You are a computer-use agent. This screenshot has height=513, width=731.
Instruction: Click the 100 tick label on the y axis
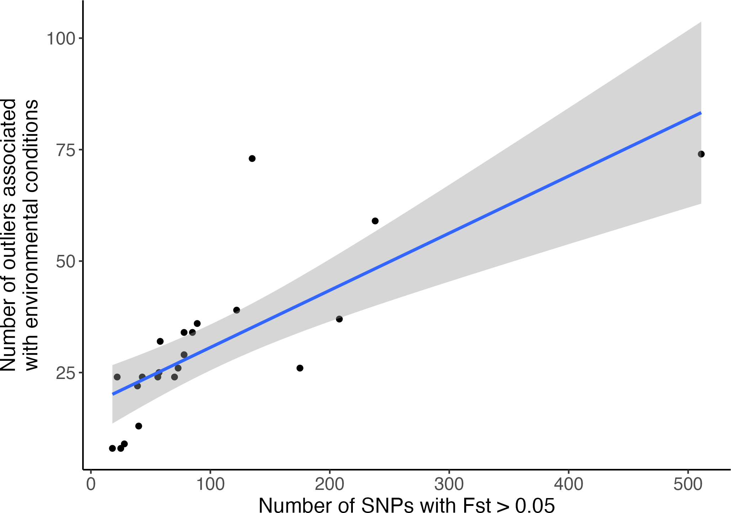tap(61, 38)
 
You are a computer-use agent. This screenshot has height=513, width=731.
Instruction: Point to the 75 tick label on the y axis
tap(66, 150)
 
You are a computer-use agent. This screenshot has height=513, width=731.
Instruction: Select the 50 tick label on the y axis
tap(66, 261)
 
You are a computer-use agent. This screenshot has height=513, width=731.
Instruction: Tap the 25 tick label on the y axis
tap(66, 373)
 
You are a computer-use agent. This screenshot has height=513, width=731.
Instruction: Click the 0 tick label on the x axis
tap(91, 485)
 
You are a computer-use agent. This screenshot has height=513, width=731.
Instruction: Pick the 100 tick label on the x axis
tap(210, 485)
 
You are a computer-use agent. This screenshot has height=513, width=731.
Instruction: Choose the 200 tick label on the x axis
tap(330, 485)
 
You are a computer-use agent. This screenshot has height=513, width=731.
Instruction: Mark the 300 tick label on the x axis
tap(449, 485)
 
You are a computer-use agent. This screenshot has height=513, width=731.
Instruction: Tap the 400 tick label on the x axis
tap(568, 485)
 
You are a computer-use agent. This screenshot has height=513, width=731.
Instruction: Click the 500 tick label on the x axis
tap(688, 485)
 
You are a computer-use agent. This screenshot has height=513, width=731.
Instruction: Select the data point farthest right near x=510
tap(701, 154)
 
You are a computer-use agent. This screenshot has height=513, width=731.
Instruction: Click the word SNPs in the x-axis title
tap(386, 505)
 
